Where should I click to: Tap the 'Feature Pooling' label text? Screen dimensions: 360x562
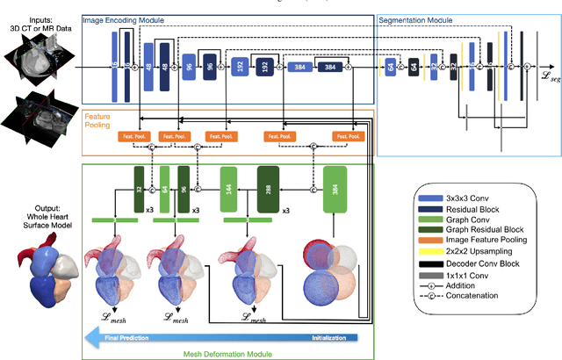pyautogui.click(x=97, y=121)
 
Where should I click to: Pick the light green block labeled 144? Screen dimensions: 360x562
pyautogui.click(x=228, y=188)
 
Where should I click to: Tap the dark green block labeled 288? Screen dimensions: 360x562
pyautogui.click(x=269, y=188)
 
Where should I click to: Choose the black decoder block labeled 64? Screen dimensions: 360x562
pyautogui.click(x=413, y=67)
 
